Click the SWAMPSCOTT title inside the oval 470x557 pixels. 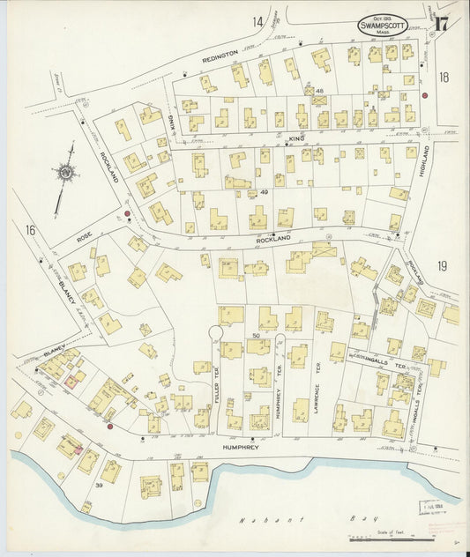click(x=382, y=26)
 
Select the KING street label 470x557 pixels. click(x=295, y=138)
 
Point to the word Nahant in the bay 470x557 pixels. click(x=255, y=520)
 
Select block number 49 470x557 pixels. click(x=264, y=192)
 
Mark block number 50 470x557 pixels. click(x=256, y=336)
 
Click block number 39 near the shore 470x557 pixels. click(x=101, y=485)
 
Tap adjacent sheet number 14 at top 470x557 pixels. click(x=257, y=21)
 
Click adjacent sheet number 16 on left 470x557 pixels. click(x=30, y=230)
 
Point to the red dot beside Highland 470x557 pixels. click(x=424, y=95)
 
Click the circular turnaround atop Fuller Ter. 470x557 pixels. click(x=214, y=332)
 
